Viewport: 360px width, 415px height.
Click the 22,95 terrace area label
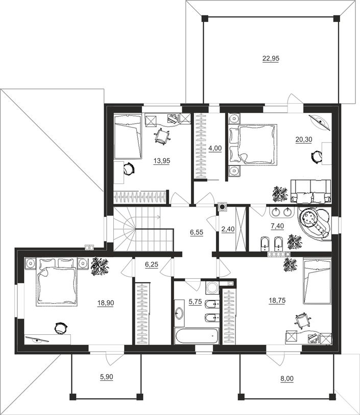(271, 59)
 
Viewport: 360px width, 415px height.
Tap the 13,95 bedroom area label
(162, 161)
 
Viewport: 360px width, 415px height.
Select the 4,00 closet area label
(215, 148)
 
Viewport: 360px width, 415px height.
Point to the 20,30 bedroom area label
(304, 139)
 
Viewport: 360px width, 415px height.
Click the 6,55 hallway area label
(197, 232)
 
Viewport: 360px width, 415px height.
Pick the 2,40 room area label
(228, 229)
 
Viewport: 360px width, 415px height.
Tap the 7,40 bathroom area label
(277, 226)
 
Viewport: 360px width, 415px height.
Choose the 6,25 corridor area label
(152, 264)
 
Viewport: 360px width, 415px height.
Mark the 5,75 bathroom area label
(196, 302)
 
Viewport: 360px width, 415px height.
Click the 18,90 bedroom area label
(106, 303)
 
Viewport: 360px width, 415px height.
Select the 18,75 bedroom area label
(277, 301)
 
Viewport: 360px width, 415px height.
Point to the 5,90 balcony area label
(106, 377)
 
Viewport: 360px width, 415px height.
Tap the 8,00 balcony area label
(287, 379)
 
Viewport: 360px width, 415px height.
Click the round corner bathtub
(315, 224)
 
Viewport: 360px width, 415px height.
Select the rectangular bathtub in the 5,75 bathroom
(197, 335)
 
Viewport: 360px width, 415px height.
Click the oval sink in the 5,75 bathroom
(179, 313)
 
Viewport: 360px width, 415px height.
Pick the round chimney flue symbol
(223, 207)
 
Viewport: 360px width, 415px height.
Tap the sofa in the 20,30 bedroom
(311, 191)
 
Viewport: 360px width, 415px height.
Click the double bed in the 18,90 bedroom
(56, 282)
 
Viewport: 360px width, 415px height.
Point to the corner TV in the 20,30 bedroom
(320, 122)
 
